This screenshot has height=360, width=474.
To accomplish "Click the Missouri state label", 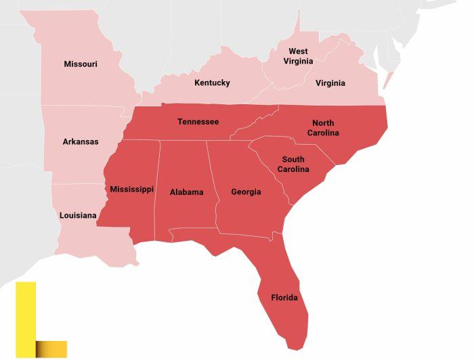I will tap(81, 64).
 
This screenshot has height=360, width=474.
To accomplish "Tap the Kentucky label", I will tap(212, 83).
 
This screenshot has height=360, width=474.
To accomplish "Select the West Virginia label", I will tap(298, 55).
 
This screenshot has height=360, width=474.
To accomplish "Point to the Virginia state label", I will tap(330, 83).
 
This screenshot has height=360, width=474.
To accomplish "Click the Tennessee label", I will tap(198, 122).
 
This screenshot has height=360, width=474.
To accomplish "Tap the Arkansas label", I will tap(81, 141).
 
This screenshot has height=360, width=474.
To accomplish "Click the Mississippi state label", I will tap(131, 189).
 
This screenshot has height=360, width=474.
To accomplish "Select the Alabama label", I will tap(186, 192).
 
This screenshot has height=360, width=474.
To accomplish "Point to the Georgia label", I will tap(246, 192).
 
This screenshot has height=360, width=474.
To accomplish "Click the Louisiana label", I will tap(78, 215).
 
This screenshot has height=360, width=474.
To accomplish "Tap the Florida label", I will tap(284, 298).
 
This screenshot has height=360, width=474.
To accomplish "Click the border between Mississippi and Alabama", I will tap(157, 189).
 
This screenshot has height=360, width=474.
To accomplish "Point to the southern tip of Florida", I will tap(293, 346).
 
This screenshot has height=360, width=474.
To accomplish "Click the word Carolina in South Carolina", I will tap(295, 168).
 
